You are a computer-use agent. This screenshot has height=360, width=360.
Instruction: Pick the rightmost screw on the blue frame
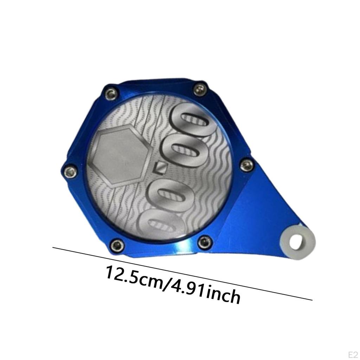pyautogui.click(x=247, y=165)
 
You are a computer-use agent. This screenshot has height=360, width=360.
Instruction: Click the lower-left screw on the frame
pyautogui.click(x=116, y=245)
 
